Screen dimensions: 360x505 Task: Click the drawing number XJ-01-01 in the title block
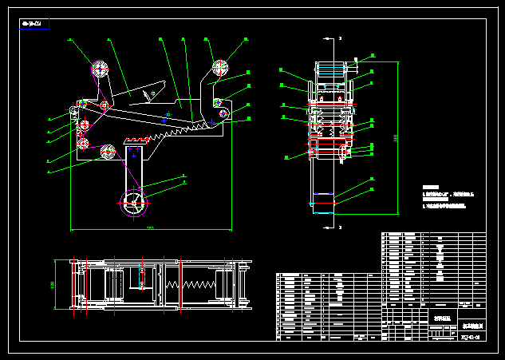coord(470,336)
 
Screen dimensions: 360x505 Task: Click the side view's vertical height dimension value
coord(397,140)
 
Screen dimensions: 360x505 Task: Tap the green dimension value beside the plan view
coord(53,284)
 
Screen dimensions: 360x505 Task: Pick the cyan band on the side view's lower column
coord(324,194)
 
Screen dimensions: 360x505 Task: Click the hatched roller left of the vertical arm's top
coord(106,152)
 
